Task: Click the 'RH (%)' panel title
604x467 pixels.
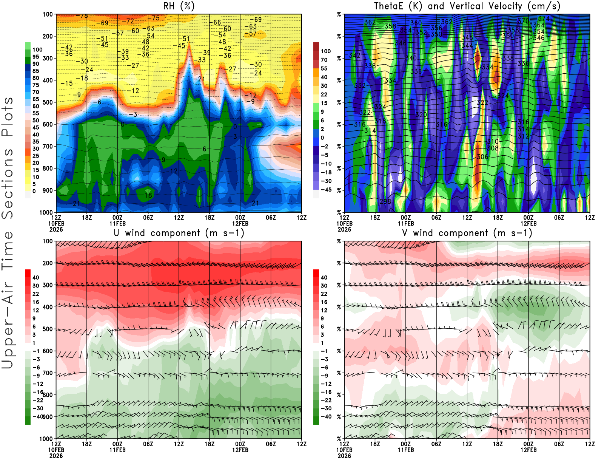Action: point(179,6)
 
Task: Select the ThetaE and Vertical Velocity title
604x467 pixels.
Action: point(467,6)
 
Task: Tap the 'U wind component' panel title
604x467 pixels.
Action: point(179,233)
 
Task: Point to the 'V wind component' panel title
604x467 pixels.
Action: point(467,233)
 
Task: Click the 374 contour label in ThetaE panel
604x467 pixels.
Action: point(544,19)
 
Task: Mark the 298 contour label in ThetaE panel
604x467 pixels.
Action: point(385,201)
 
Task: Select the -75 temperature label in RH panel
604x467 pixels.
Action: point(153,18)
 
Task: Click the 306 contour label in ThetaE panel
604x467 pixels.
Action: point(482,157)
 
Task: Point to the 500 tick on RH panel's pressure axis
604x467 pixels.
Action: point(48,102)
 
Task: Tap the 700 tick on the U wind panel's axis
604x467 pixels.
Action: point(48,373)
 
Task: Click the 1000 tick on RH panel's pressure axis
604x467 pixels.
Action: point(46,212)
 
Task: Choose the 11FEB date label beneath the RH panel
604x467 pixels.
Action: point(117,223)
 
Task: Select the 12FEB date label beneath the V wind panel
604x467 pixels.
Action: point(528,450)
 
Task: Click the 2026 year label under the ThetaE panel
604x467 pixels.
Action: point(344,229)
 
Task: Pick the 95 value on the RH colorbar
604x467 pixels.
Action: point(35,57)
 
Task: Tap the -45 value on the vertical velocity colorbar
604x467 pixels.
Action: point(326,190)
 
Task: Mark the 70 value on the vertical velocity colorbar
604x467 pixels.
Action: point(324,60)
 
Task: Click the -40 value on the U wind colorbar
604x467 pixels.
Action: point(38,416)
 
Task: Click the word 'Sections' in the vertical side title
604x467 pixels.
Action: point(8,184)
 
